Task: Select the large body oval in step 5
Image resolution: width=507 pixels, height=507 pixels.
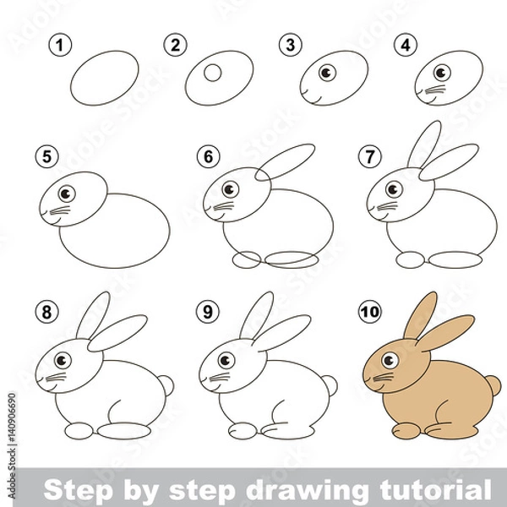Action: click(118, 229)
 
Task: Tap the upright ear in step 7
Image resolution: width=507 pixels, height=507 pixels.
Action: click(422, 146)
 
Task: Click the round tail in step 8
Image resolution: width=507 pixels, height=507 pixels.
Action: click(165, 386)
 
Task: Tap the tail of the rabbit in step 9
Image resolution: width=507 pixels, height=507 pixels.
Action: click(330, 386)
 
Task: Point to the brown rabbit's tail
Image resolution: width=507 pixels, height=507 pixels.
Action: click(493, 386)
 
